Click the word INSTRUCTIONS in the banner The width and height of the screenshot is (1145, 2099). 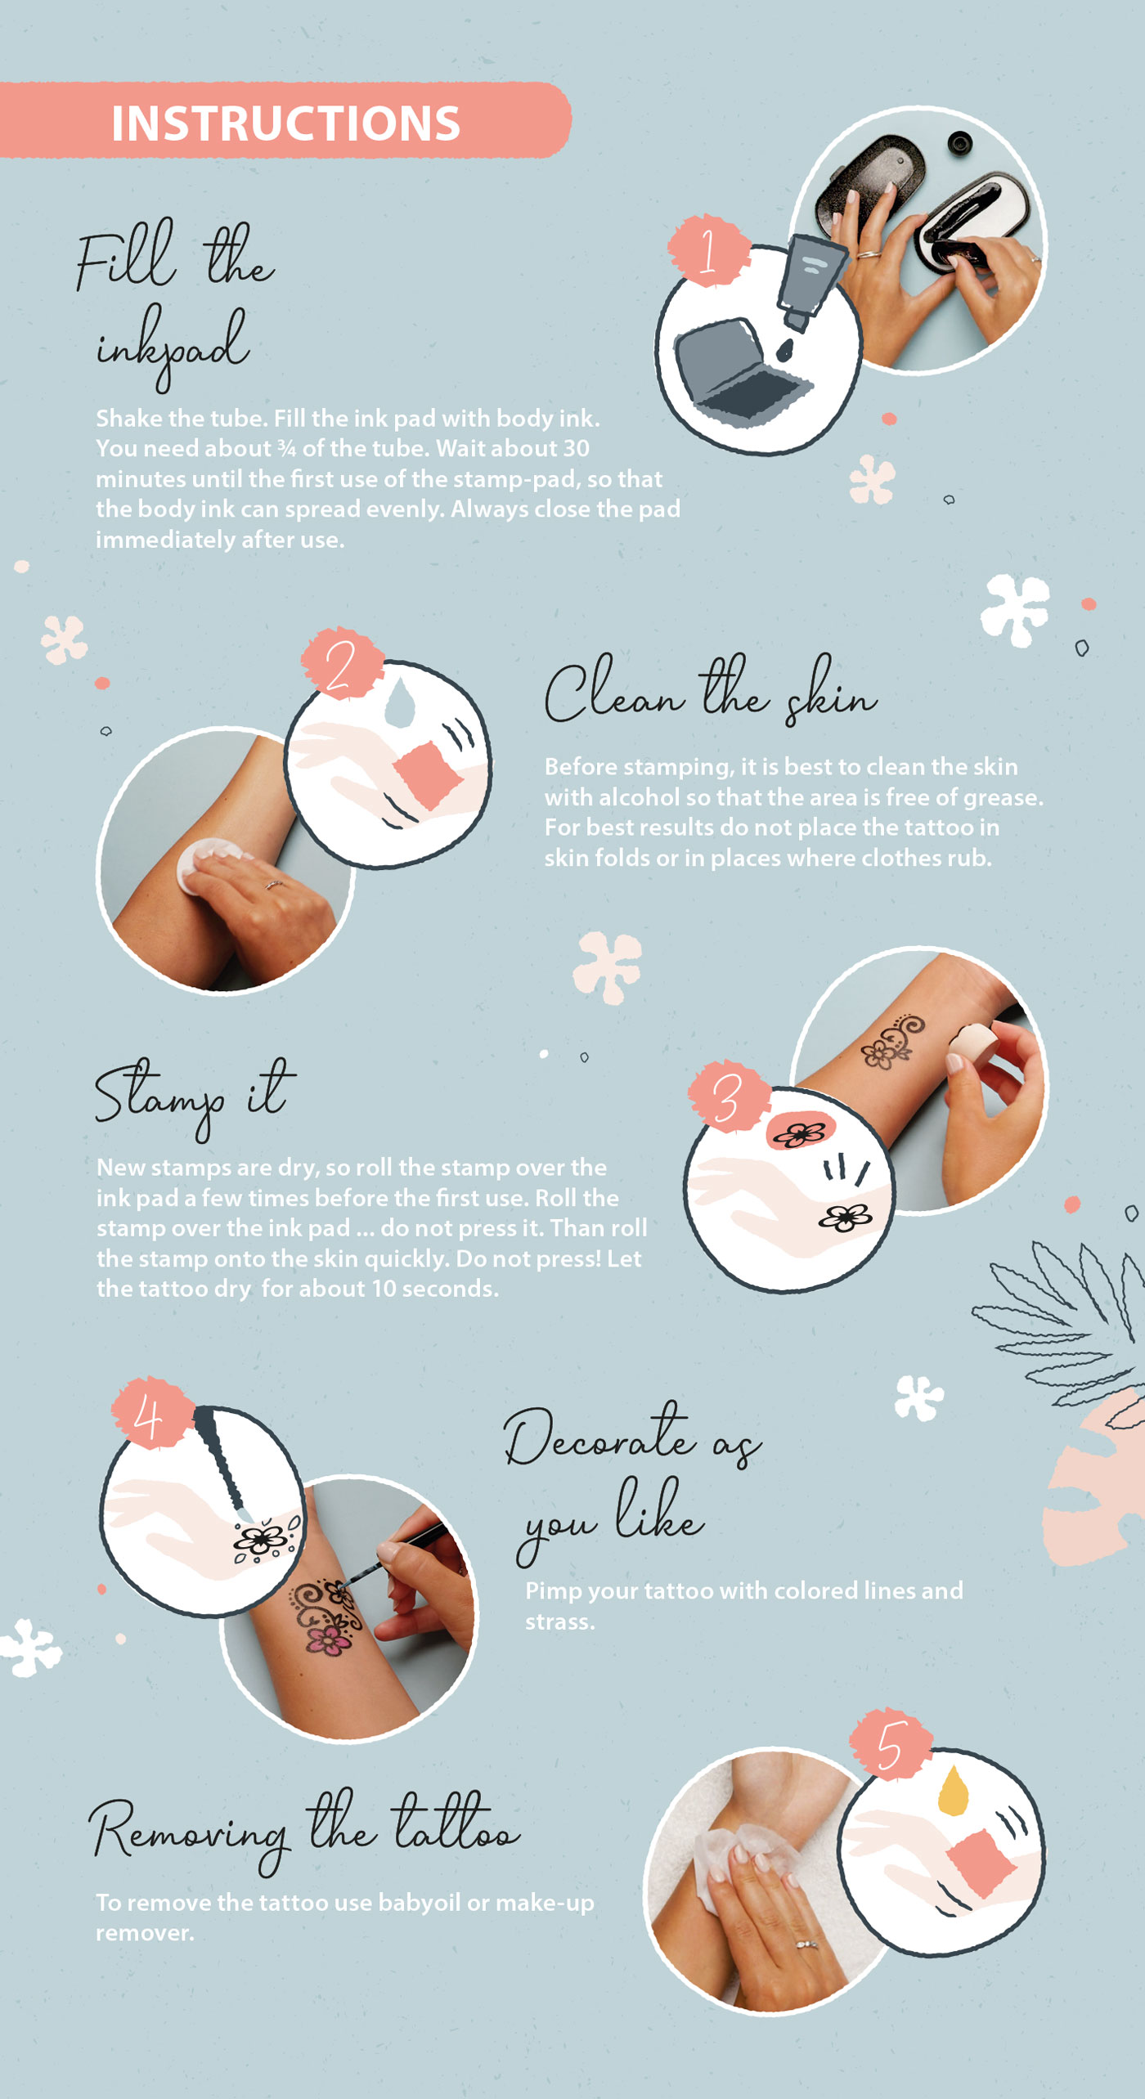coord(285,123)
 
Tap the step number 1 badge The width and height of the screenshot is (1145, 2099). coord(709,250)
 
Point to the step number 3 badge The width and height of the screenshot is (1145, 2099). coord(729,1097)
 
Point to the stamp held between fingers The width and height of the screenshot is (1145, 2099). coord(973,1046)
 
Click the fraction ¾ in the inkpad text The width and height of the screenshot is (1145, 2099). coord(285,448)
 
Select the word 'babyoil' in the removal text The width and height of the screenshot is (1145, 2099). coord(419,1903)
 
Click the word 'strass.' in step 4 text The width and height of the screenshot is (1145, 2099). coord(559,1621)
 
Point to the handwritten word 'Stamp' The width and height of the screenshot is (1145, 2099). coord(160,1097)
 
